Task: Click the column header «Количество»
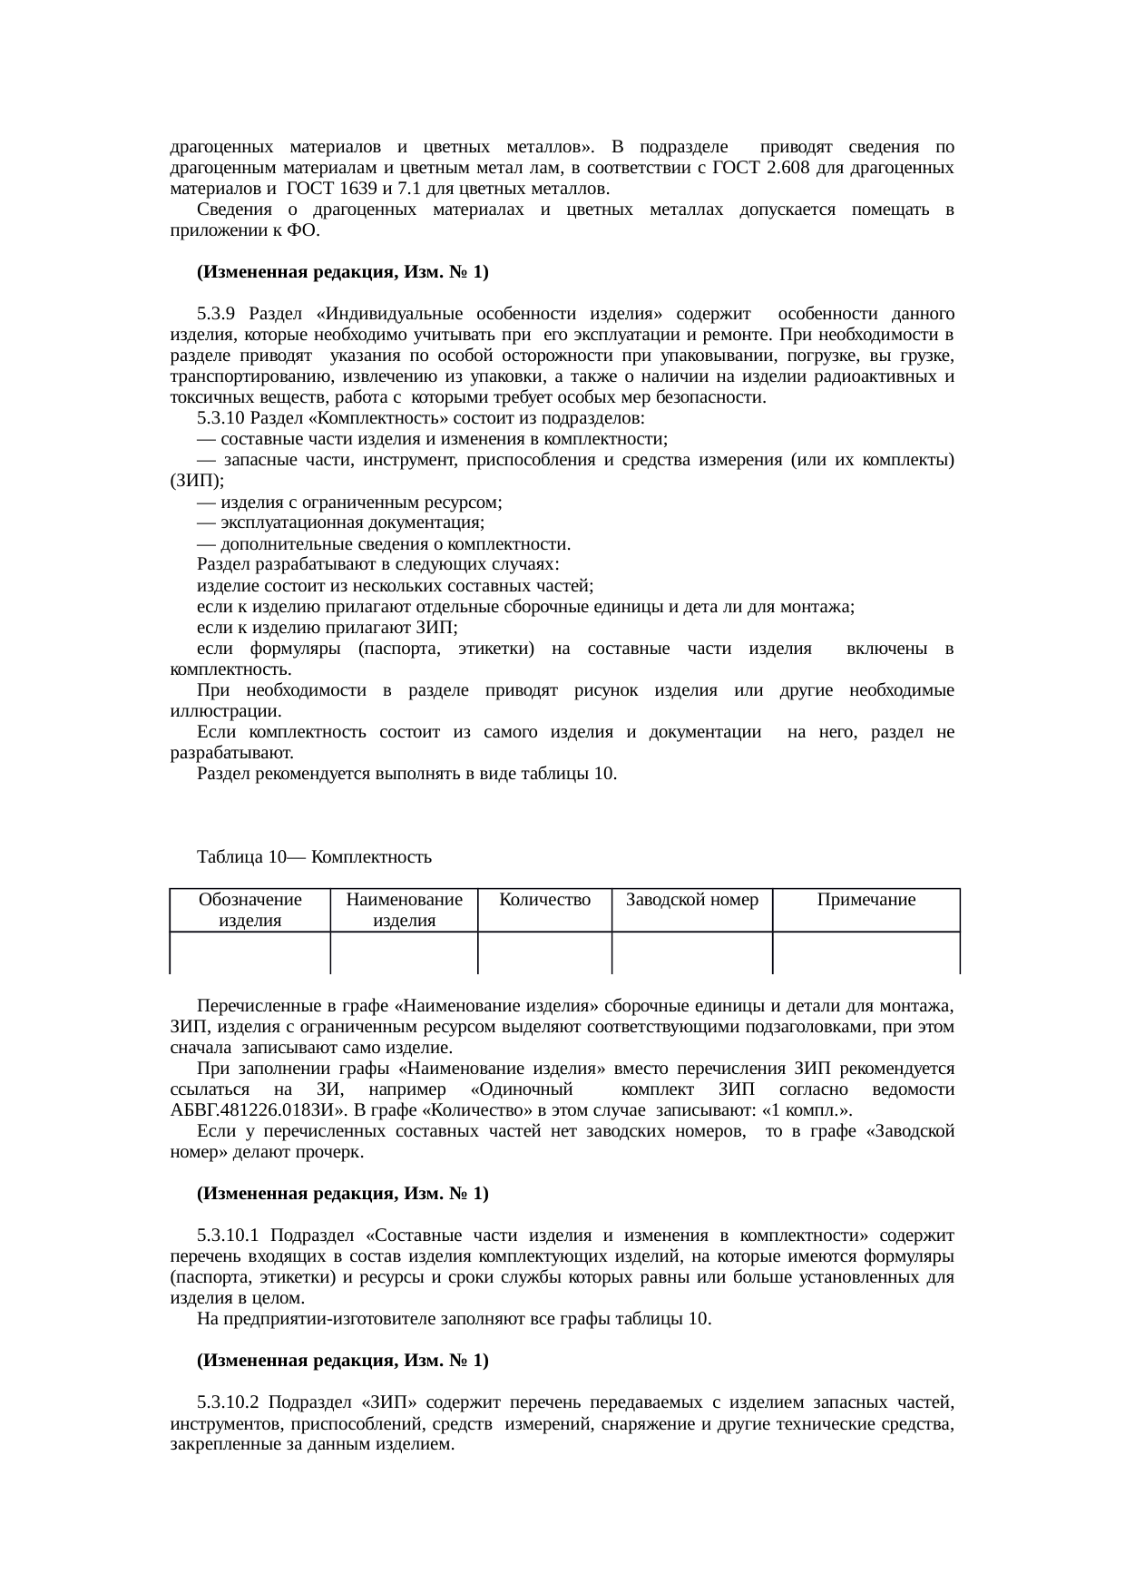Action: pos(544,900)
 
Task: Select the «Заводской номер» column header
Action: pos(692,900)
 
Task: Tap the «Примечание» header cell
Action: pos(866,900)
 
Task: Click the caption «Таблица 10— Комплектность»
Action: pos(314,857)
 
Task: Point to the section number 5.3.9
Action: pos(216,315)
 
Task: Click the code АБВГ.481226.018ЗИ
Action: pos(254,1111)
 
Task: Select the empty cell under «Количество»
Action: pos(544,952)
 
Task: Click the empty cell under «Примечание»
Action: pos(866,952)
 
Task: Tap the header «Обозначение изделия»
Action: pos(250,910)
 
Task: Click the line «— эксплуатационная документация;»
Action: pos(340,523)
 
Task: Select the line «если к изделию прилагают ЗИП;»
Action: pos(328,628)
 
